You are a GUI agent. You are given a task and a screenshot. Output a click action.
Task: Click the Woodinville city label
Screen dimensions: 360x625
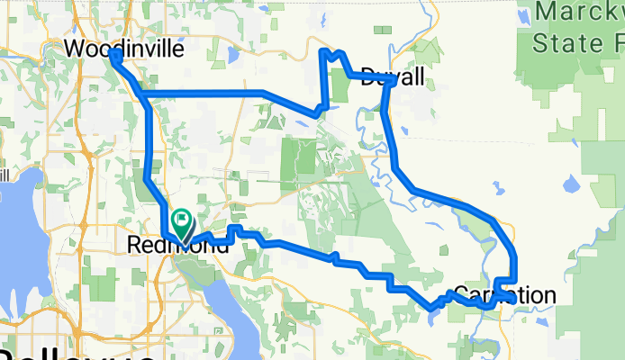(126, 49)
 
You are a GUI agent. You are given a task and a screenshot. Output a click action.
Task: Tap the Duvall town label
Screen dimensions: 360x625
(392, 78)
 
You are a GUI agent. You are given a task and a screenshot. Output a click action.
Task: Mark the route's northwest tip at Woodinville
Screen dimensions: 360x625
(114, 55)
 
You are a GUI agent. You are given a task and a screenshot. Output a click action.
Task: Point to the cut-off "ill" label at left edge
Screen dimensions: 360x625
(5, 173)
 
